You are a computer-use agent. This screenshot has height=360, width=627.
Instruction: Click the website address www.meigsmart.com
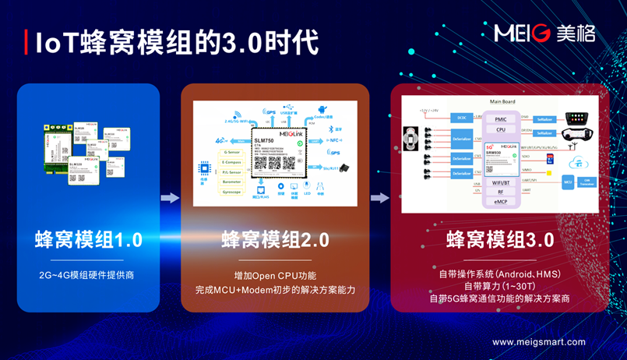[538, 341]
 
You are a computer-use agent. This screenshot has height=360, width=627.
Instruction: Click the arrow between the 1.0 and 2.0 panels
[170, 198]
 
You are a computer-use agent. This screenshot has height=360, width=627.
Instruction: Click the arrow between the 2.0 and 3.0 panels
[379, 198]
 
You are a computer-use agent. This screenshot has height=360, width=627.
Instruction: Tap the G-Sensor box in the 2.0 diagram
[231, 141]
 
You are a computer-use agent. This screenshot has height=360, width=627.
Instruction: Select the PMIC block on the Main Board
[500, 119]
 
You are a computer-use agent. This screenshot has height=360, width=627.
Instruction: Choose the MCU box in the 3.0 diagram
[568, 182]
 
